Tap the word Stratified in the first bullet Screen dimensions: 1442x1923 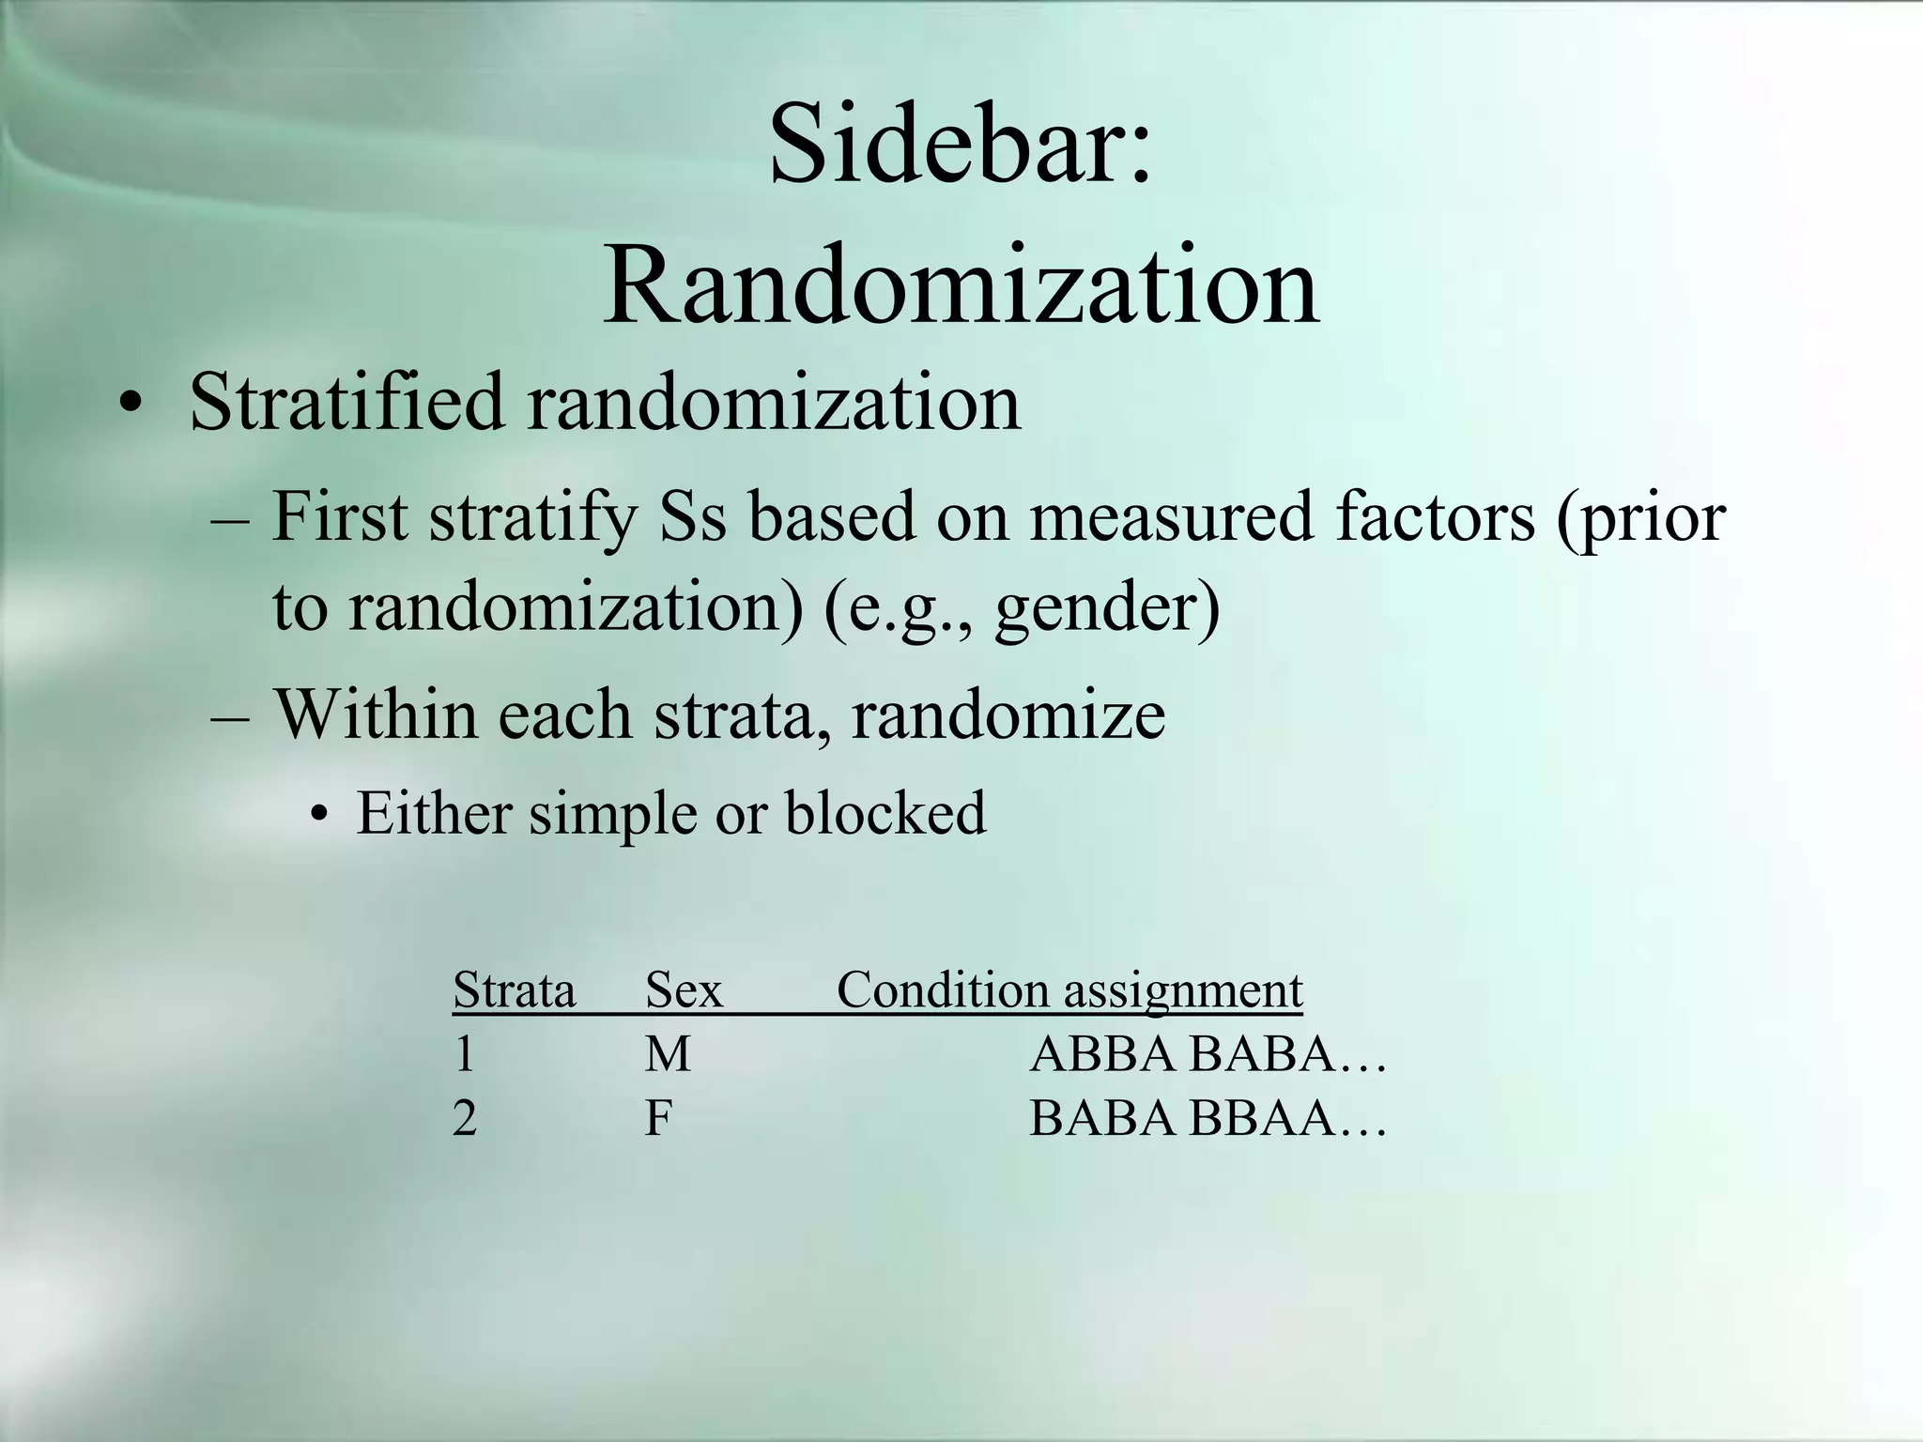pos(347,402)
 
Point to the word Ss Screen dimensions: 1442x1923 pos(693,518)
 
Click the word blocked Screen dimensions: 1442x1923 pos(885,813)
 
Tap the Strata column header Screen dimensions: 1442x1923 pos(514,990)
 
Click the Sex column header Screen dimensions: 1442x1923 pos(684,990)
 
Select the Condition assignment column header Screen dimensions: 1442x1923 pos(1069,991)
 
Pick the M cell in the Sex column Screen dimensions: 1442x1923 pos(668,1054)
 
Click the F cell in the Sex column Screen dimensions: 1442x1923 pos(658,1118)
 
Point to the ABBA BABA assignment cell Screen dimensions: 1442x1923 pos(1206,1054)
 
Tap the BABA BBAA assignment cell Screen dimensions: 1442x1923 pos(1206,1118)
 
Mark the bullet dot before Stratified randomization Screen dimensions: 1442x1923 pos(131,406)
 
